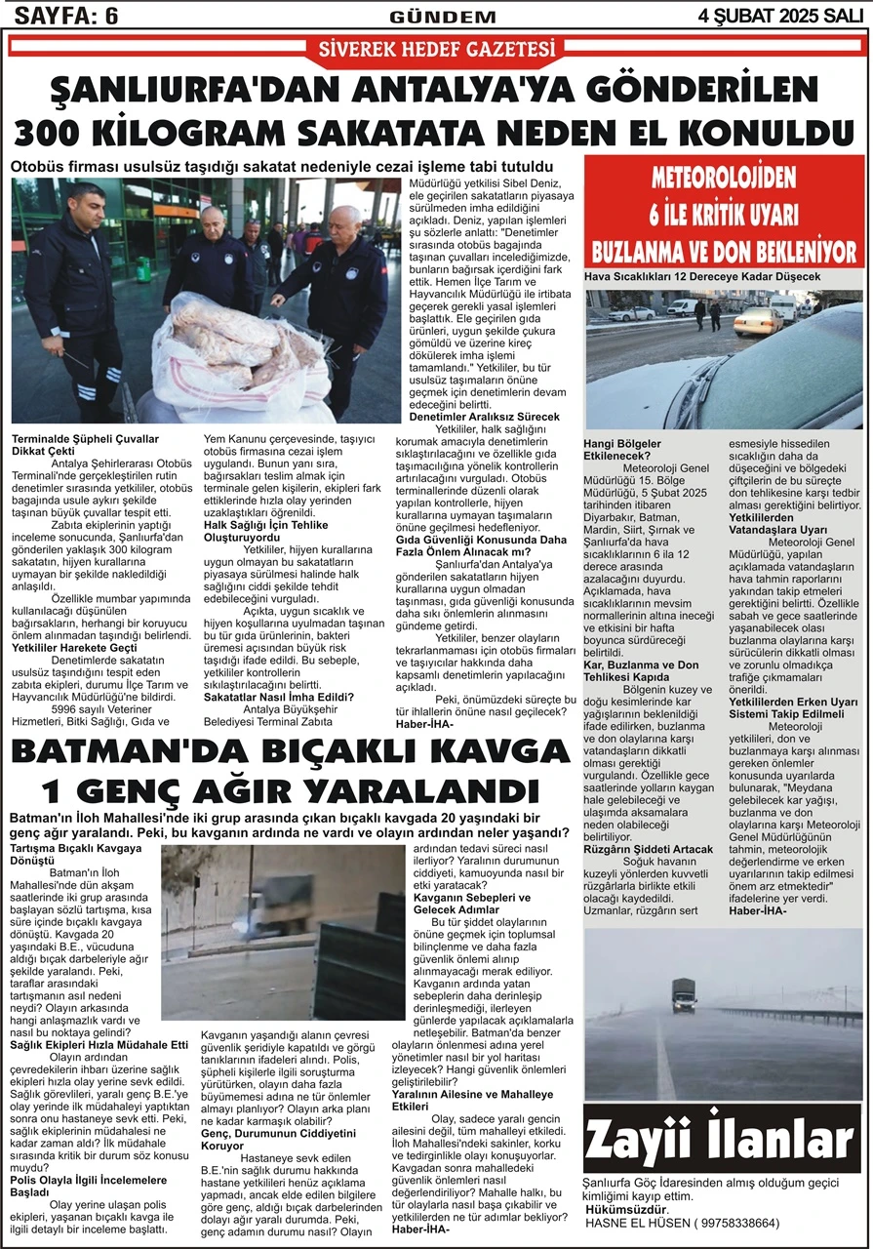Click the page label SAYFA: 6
coord(60,15)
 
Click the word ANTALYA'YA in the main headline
coord(471,94)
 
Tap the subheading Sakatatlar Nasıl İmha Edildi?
coord(278,696)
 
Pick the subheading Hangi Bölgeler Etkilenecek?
coord(624,449)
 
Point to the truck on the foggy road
coord(684,995)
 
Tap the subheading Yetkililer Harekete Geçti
coord(72,646)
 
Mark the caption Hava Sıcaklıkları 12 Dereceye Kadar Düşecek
coord(702,278)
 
